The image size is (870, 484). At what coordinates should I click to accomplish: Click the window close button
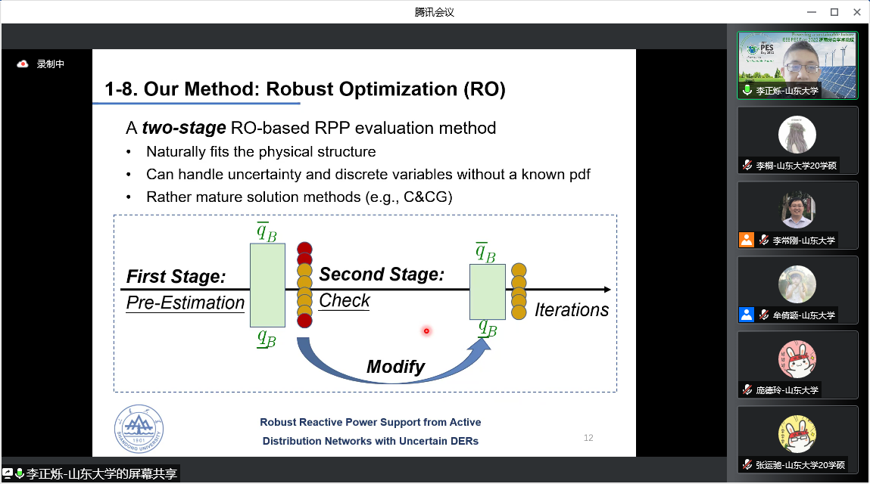click(856, 11)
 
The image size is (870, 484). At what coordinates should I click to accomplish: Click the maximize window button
click(834, 11)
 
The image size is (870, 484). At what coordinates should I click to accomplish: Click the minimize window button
click(812, 11)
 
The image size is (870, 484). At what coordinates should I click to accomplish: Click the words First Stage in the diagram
click(176, 277)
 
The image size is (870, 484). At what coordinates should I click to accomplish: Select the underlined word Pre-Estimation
click(185, 303)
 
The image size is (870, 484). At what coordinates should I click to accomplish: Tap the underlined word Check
click(345, 301)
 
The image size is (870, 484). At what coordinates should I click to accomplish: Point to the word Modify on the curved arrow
click(395, 368)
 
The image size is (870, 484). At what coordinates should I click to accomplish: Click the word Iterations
click(572, 310)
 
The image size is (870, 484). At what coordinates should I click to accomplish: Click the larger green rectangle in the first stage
click(267, 284)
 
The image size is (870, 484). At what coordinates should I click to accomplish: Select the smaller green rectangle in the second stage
click(487, 291)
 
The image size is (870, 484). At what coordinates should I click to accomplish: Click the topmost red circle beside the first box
click(304, 248)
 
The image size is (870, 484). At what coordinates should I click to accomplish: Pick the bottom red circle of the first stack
click(304, 321)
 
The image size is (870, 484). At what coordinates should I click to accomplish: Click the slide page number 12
click(588, 438)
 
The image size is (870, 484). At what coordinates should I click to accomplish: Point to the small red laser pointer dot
click(426, 330)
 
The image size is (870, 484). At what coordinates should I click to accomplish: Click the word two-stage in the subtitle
click(184, 128)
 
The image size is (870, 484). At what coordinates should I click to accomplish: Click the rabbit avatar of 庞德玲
click(797, 359)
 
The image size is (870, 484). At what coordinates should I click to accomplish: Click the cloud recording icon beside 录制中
click(23, 64)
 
